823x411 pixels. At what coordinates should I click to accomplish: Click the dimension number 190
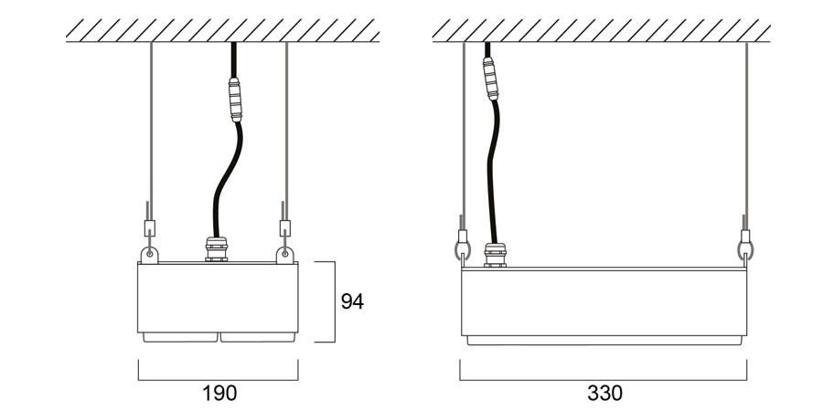click(x=219, y=393)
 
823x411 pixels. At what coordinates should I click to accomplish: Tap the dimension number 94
click(x=352, y=301)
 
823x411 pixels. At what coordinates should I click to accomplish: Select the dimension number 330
click(x=604, y=393)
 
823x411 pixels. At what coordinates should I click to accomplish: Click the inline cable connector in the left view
click(x=235, y=100)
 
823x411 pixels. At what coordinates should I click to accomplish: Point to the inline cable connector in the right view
click(x=490, y=79)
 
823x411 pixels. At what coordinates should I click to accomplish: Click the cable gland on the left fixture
click(x=216, y=249)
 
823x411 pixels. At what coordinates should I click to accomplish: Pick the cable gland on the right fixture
click(x=495, y=255)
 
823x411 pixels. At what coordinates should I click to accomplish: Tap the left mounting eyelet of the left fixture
click(x=150, y=255)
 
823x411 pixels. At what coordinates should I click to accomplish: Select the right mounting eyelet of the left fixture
click(x=284, y=255)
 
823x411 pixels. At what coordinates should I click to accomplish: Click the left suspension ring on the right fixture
click(x=463, y=249)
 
